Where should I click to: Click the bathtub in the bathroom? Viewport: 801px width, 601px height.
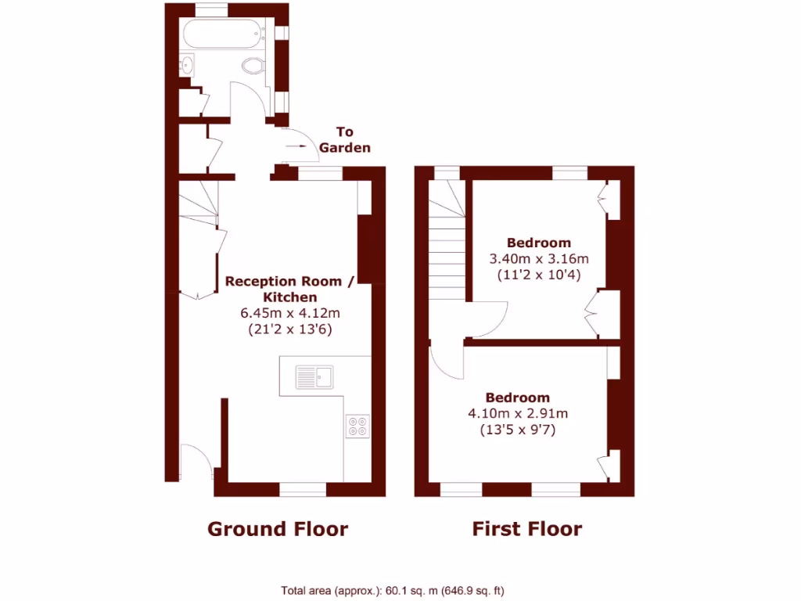[x=224, y=35]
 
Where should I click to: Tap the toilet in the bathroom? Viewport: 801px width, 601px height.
[x=253, y=66]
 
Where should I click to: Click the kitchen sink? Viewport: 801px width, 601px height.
[x=314, y=377]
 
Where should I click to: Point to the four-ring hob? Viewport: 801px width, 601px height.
[x=357, y=425]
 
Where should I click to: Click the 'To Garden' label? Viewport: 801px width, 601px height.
[x=344, y=140]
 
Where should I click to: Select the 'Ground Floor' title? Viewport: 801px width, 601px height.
[x=277, y=529]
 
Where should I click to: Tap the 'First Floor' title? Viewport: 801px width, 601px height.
[x=526, y=529]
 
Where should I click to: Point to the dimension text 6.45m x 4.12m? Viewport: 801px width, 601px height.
[x=290, y=313]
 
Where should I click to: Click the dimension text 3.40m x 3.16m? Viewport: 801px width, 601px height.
[x=538, y=259]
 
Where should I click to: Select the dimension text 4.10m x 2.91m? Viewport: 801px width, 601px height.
[x=517, y=413]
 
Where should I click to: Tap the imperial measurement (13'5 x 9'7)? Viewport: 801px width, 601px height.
[x=517, y=430]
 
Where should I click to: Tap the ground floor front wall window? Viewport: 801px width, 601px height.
[x=303, y=490]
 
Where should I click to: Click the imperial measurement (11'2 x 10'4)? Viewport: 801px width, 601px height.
[x=538, y=275]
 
